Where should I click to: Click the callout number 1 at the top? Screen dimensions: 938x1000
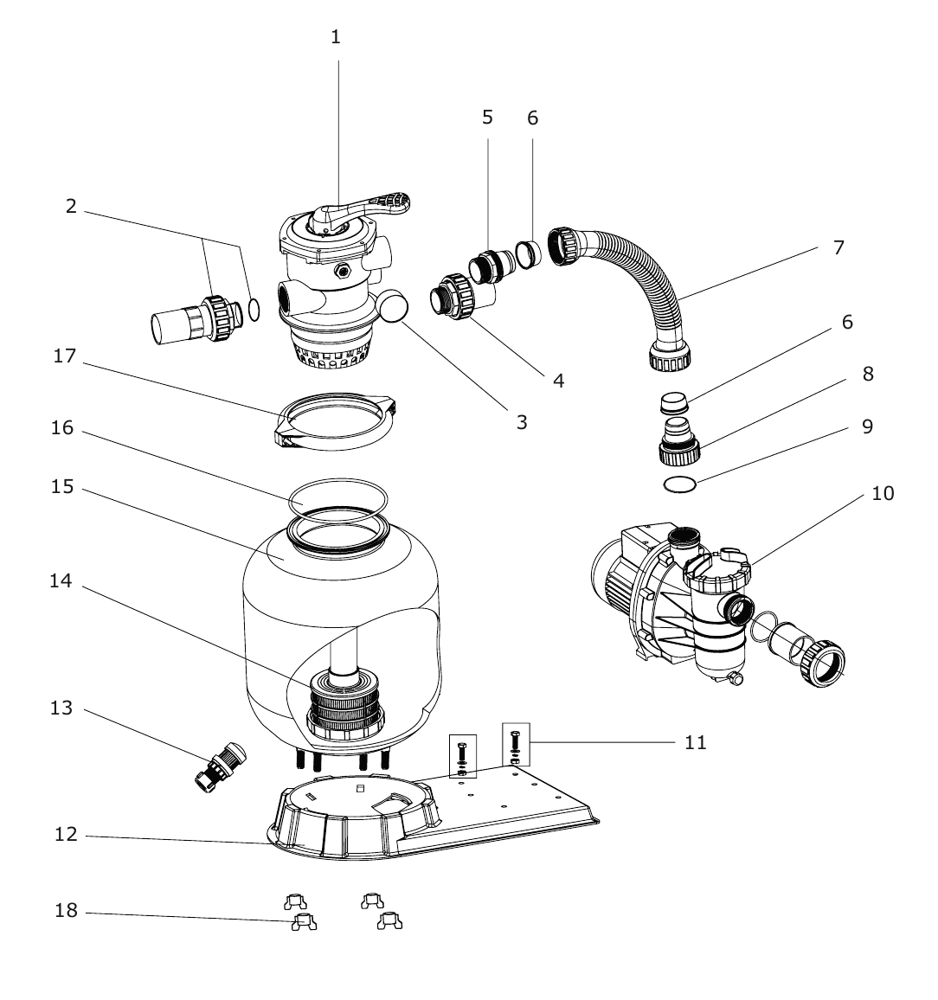pos(336,37)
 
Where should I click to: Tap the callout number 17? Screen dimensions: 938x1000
pos(64,356)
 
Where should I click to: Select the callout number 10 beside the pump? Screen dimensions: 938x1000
pos(883,493)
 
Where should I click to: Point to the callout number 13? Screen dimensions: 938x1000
pos(61,708)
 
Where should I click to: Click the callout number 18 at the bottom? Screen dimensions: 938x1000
pos(67,910)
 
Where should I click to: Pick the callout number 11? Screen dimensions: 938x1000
pos(696,742)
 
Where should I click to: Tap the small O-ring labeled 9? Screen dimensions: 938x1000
pos(679,484)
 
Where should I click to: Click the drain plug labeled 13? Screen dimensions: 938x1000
pos(220,766)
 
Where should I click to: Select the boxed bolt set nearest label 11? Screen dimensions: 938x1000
pos(516,745)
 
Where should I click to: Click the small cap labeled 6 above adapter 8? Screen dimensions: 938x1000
pos(674,404)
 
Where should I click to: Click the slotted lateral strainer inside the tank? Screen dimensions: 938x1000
pos(344,705)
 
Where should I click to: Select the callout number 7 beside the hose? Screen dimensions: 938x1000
pos(838,247)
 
